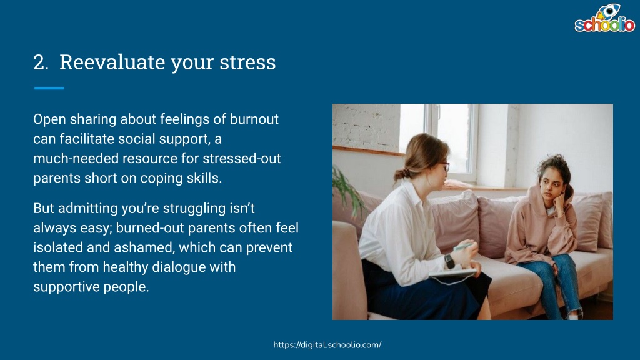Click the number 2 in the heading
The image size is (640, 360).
coord(41,62)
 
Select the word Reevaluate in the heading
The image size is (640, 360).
coord(112,62)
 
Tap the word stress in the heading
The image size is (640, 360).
coord(247,62)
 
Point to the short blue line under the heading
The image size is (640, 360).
coord(49,87)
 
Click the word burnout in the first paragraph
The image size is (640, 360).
coord(254,119)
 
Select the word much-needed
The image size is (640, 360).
coord(76,158)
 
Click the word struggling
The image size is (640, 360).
coord(194,209)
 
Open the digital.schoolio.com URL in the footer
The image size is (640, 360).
coord(327,345)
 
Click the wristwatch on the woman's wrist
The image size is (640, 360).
coord(449,261)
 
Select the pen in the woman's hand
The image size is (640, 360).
coord(464,246)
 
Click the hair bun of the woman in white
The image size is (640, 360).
coord(401,175)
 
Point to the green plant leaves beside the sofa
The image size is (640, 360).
coord(347,192)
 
